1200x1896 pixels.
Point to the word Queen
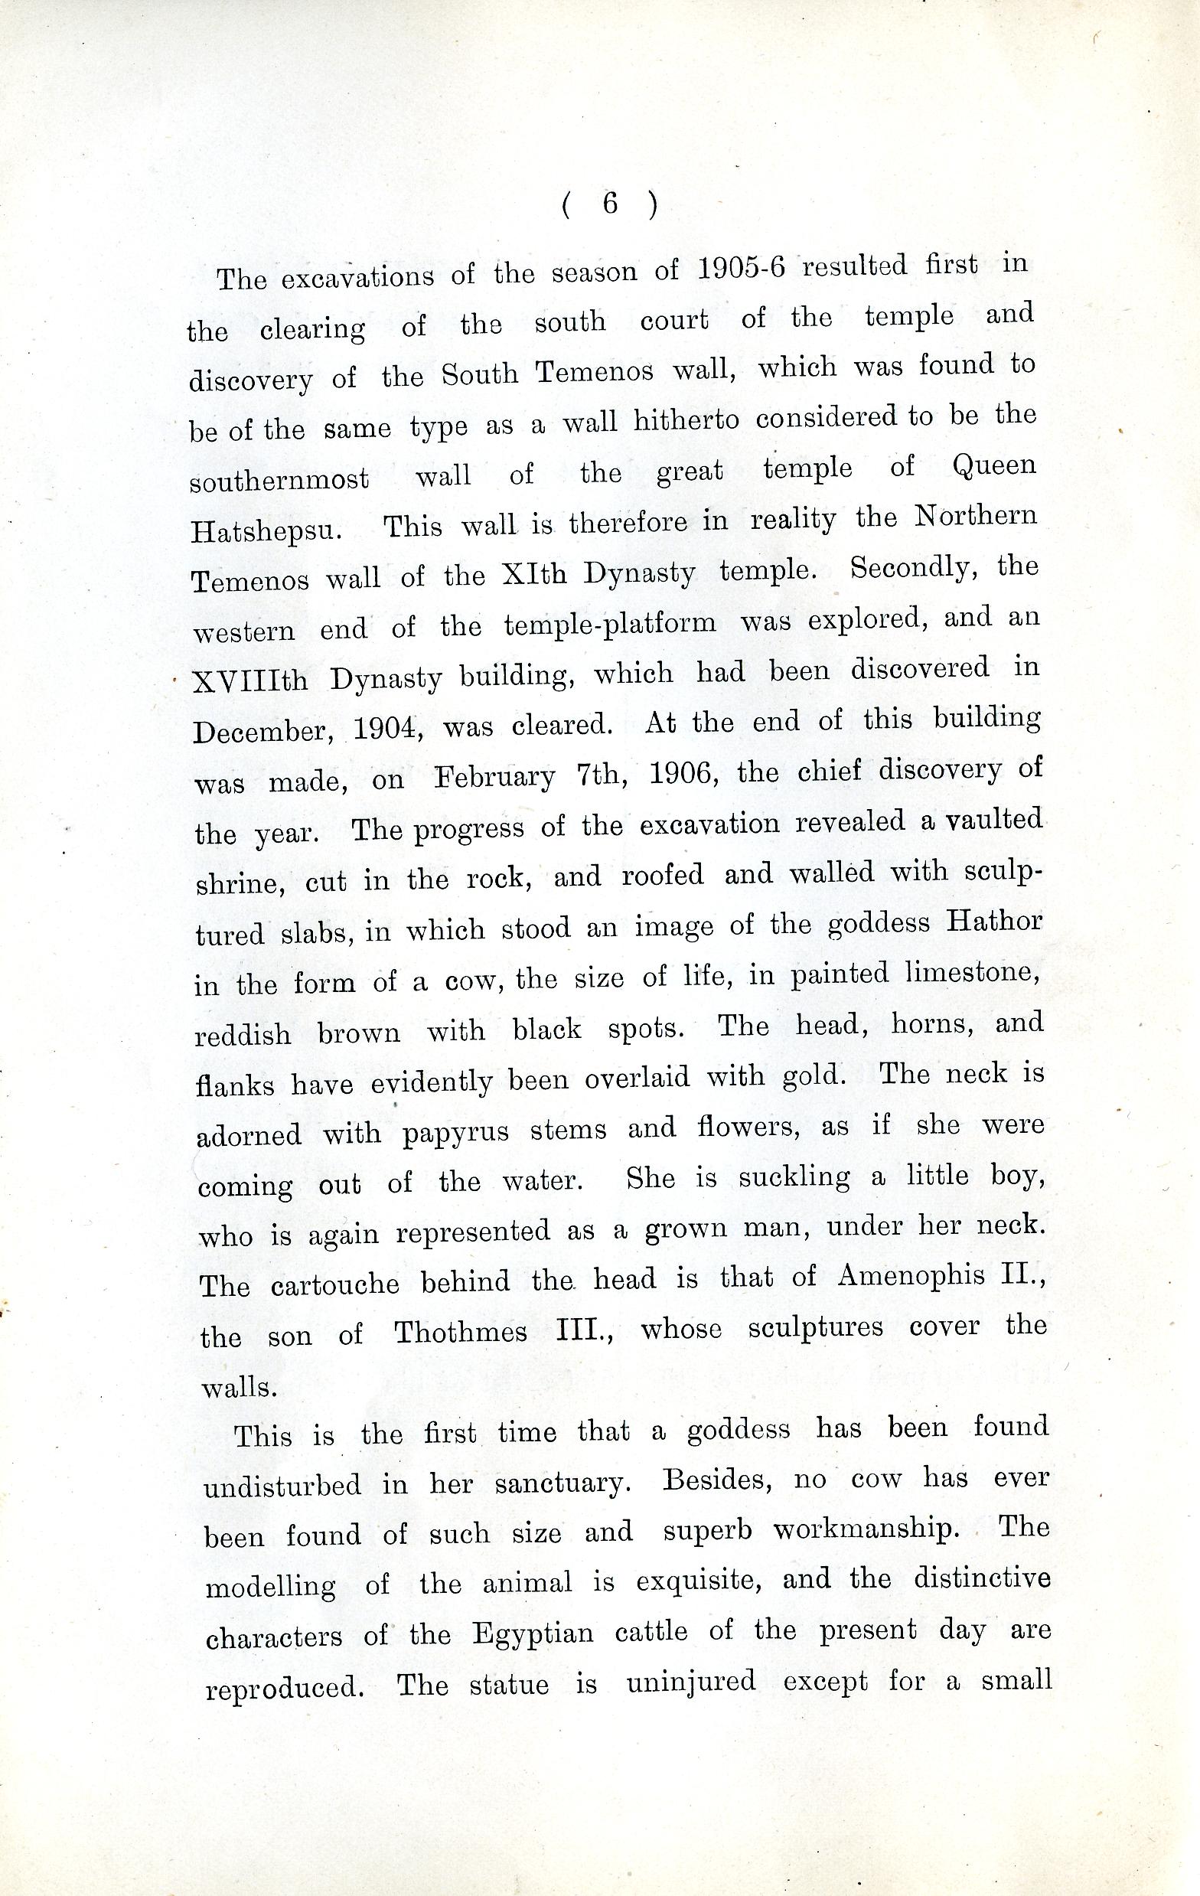coord(993,466)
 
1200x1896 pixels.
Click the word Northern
coord(975,517)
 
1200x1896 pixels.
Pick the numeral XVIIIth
coord(250,680)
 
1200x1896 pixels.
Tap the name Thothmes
coord(461,1331)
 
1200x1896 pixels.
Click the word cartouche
coord(334,1284)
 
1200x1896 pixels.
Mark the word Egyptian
coord(533,1634)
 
